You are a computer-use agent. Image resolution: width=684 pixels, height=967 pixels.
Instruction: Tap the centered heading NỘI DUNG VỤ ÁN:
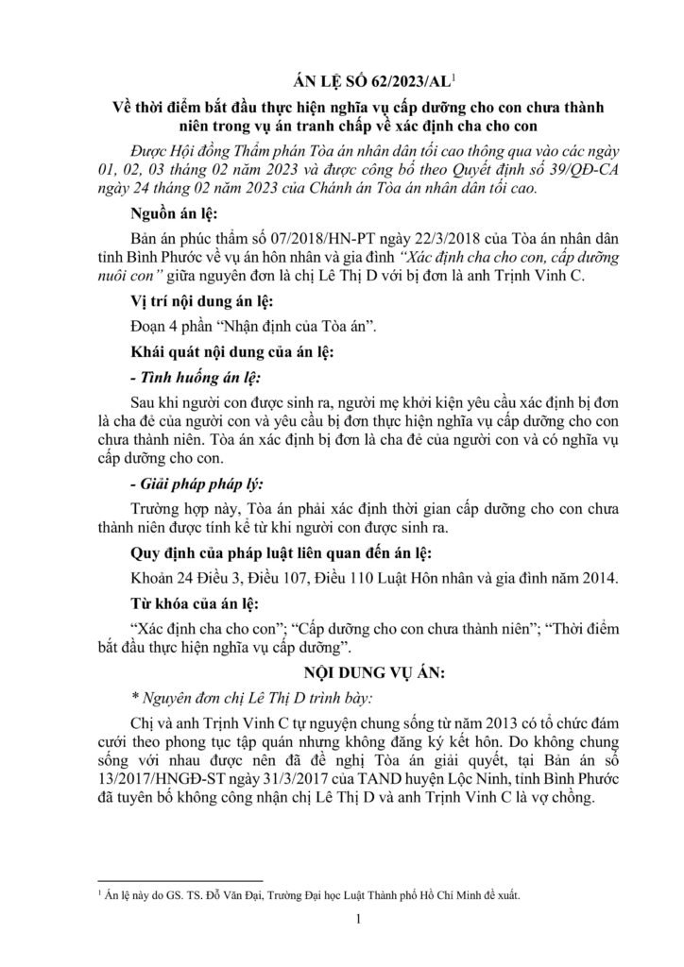[x=343, y=676]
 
